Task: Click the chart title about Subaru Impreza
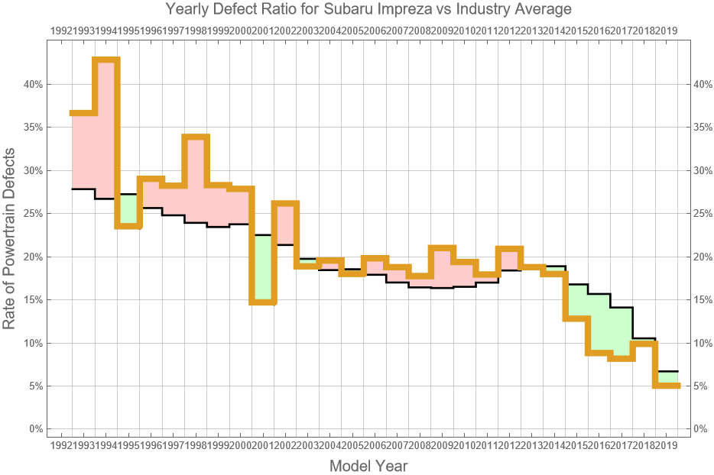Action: pyautogui.click(x=368, y=10)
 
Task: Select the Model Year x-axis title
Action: pyautogui.click(x=368, y=465)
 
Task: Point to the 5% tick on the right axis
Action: pyautogui.click(x=702, y=386)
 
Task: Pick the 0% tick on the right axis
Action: pyautogui.click(x=702, y=429)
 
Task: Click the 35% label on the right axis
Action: pyautogui.click(x=702, y=127)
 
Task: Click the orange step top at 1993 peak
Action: pyautogui.click(x=105, y=60)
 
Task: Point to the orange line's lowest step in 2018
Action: pyautogui.click(x=667, y=386)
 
